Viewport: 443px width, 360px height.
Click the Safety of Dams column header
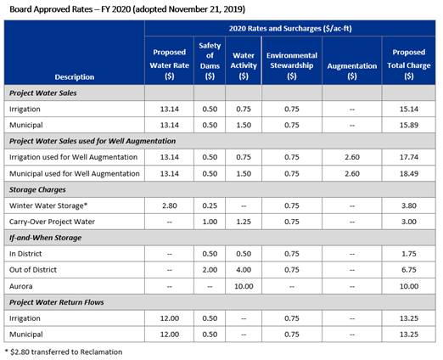tap(210, 60)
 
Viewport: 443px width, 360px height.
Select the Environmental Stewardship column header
tap(292, 65)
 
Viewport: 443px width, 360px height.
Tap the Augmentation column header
tap(352, 70)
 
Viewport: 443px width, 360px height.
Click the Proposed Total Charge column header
tap(409, 65)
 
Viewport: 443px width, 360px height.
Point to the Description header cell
tap(75, 77)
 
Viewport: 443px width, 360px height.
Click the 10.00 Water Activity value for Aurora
tap(244, 286)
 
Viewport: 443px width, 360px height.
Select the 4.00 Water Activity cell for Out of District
tap(244, 270)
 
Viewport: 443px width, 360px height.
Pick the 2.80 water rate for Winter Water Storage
tap(170, 205)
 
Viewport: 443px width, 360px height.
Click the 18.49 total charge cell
tap(409, 173)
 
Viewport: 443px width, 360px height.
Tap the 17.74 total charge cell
tap(409, 157)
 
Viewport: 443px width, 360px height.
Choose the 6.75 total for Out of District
tap(409, 270)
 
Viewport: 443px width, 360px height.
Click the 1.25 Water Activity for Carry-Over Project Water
tap(244, 222)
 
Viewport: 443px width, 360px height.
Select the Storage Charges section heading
tap(37, 189)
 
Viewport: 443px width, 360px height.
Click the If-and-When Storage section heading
tap(45, 238)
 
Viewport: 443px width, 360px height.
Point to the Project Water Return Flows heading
tap(57, 302)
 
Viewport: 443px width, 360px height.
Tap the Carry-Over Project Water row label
tap(52, 222)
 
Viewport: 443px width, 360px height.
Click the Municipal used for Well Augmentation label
tap(75, 173)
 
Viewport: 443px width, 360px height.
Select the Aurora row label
tap(20, 286)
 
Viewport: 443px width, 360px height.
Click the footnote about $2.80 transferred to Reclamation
tap(64, 352)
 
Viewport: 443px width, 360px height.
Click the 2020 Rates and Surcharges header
tap(290, 28)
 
